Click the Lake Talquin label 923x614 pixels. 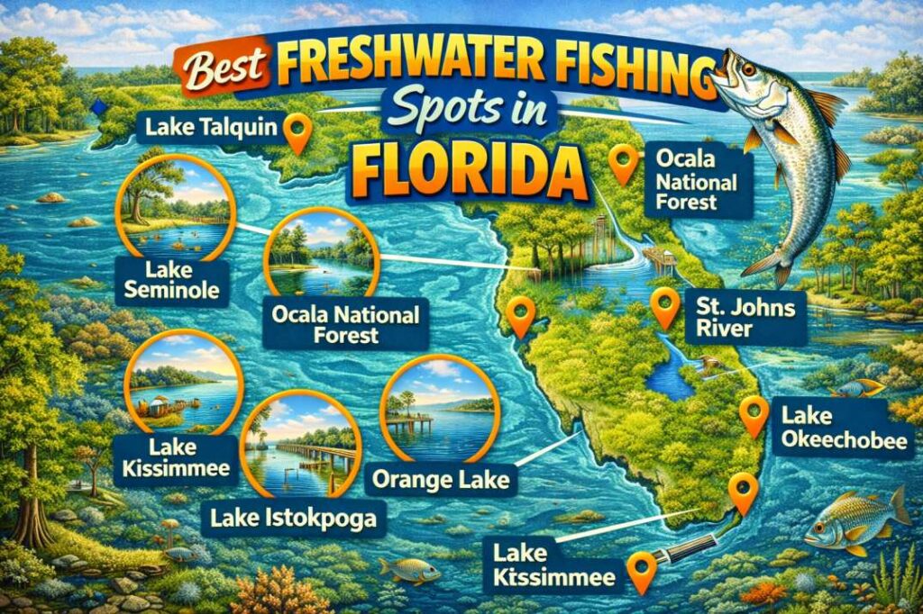[209, 130]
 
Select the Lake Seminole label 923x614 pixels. [172, 278]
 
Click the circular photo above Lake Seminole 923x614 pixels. [176, 203]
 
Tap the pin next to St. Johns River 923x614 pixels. [665, 306]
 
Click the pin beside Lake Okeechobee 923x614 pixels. [753, 415]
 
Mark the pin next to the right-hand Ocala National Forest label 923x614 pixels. [623, 163]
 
